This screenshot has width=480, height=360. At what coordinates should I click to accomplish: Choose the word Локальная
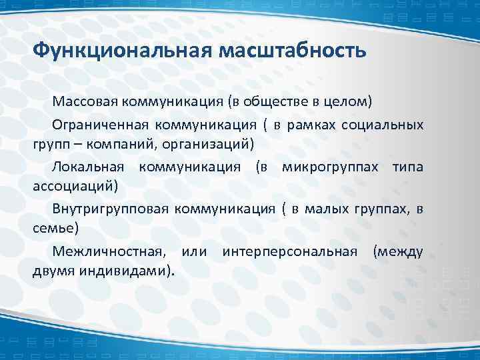click(x=89, y=166)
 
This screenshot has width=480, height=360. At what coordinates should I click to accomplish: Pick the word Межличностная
click(x=107, y=251)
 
